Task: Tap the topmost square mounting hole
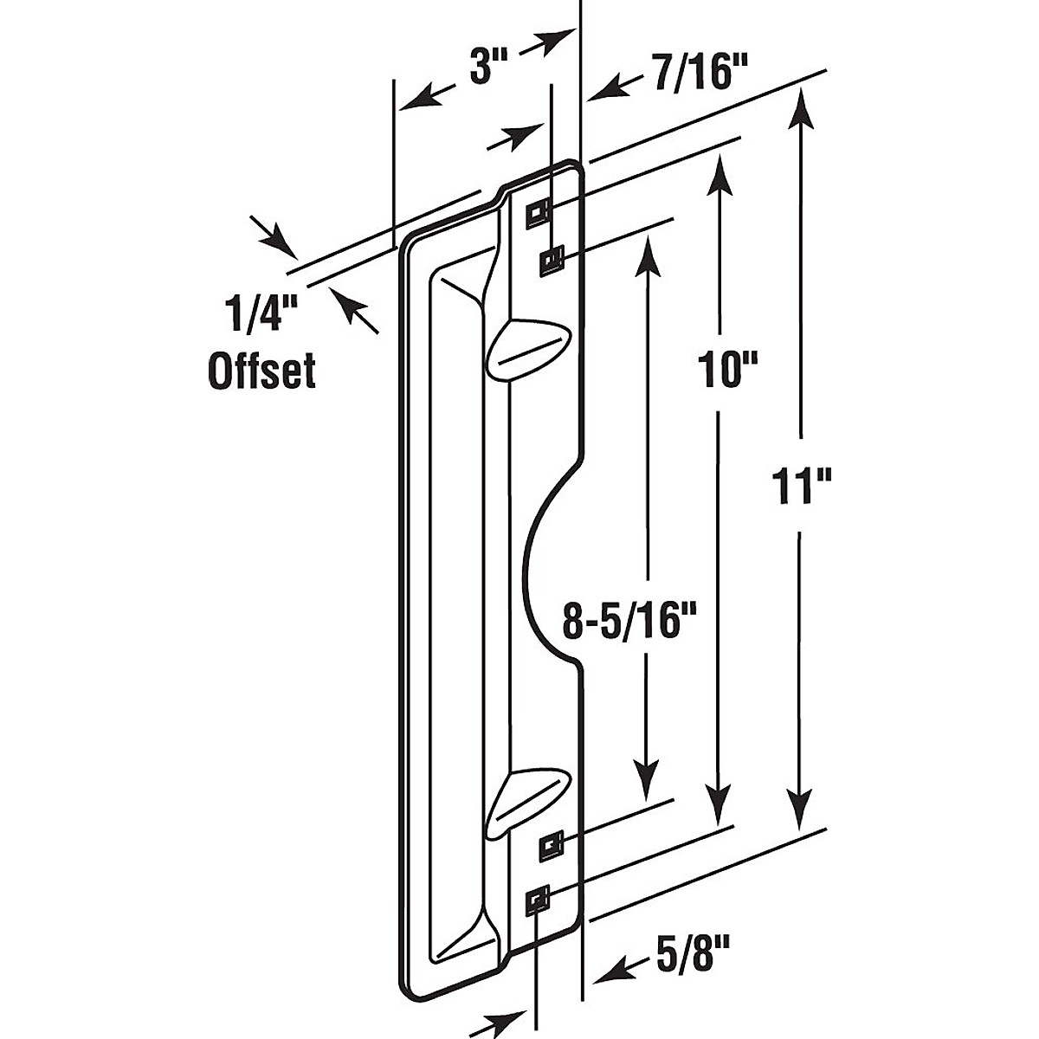[538, 210]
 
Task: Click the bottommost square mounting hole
[539, 902]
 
